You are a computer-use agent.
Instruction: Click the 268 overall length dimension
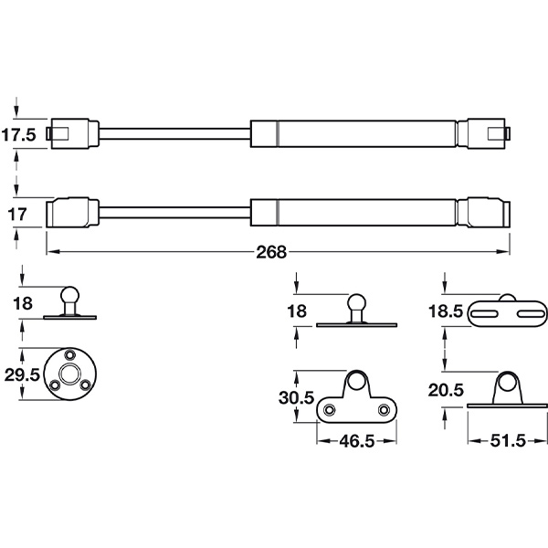(x=271, y=252)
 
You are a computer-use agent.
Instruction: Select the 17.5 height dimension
(x=18, y=135)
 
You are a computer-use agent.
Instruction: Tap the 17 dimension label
(x=17, y=215)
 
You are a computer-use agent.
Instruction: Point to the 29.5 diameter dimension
(x=22, y=375)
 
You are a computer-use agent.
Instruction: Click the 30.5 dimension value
(x=296, y=397)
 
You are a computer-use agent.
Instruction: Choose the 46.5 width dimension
(x=357, y=441)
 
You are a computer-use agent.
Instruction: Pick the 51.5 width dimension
(x=508, y=441)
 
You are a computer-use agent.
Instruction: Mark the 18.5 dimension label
(x=446, y=311)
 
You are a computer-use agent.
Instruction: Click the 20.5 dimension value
(x=446, y=390)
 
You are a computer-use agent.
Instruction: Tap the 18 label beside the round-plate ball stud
(x=23, y=303)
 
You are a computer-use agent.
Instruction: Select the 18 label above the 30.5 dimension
(x=297, y=311)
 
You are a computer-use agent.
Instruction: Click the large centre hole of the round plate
(x=69, y=374)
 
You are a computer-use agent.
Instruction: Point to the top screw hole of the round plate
(x=70, y=354)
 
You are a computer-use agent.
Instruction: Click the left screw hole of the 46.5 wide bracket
(x=329, y=409)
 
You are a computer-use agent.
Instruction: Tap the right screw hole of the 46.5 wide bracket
(x=384, y=409)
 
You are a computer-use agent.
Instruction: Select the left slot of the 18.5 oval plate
(x=485, y=314)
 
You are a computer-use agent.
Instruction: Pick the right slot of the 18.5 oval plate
(x=531, y=314)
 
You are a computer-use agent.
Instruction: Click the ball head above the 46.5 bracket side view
(x=356, y=302)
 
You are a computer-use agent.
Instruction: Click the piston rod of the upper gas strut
(x=174, y=134)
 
